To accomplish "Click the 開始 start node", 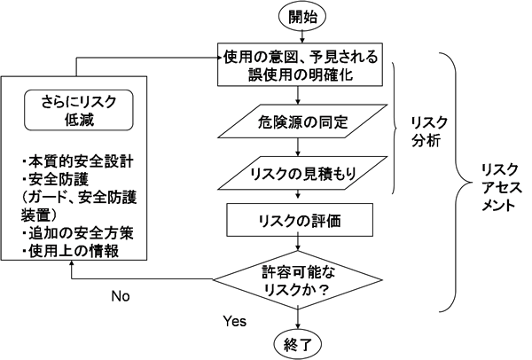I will point(302,15).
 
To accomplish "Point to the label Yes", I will point(237,317).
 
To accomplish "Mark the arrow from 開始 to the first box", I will point(302,35).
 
